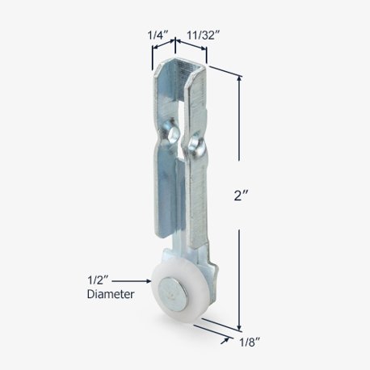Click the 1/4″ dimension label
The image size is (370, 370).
coord(158,36)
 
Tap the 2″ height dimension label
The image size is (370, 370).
coord(241,196)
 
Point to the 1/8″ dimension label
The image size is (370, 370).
coord(249,343)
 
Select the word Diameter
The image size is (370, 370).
coord(111,294)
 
